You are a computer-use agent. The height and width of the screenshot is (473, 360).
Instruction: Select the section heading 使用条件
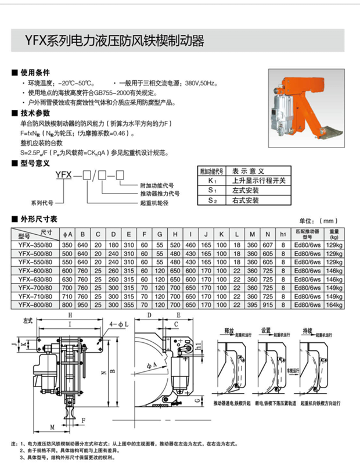(31, 74)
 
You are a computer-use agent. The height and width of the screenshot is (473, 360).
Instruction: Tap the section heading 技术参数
(31, 113)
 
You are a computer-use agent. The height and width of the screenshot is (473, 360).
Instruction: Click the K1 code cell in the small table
(212, 180)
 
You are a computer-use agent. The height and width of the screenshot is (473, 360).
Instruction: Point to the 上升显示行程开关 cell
(258, 180)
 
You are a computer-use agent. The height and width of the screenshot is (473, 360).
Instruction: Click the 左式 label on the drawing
(28, 320)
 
